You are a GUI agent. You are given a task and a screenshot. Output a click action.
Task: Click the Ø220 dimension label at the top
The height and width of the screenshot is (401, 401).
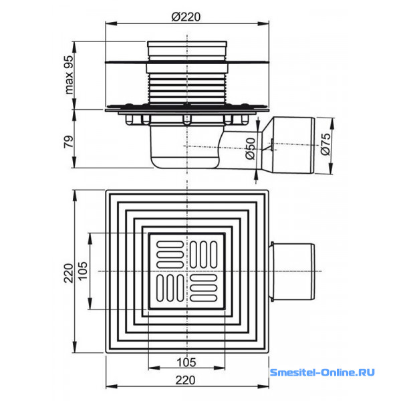coord(186,17)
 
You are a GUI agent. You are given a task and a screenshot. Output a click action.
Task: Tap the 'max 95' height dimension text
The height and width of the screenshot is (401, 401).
coord(69,75)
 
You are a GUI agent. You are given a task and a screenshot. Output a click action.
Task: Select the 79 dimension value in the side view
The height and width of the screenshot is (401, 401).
coord(69,142)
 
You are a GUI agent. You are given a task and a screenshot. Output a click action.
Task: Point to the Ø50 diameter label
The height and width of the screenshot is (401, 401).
coord(251,148)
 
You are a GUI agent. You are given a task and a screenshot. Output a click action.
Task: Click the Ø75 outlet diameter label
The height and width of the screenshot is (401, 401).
coord(325,144)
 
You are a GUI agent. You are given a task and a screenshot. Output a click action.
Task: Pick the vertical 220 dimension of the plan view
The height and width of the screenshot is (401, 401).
coord(69,273)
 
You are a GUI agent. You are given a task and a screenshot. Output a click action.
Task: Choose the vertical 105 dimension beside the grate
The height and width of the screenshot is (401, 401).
coord(83,271)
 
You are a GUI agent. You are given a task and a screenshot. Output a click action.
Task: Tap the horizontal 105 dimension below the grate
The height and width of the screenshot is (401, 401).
coord(186,362)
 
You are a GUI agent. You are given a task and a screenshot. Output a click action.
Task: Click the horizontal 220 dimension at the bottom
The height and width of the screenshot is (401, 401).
coord(186,380)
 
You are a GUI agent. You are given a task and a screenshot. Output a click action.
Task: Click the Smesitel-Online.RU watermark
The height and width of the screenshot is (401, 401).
coord(322,372)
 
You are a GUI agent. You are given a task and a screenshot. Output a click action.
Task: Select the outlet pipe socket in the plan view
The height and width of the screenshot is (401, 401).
coord(293,271)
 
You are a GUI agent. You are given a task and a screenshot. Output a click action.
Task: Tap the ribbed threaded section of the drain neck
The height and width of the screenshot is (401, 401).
coord(187,87)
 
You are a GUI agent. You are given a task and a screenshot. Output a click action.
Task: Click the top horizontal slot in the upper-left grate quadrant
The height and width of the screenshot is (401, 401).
coord(170,245)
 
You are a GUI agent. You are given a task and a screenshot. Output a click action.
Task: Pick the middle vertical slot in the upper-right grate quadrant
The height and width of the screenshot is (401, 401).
coord(204,255)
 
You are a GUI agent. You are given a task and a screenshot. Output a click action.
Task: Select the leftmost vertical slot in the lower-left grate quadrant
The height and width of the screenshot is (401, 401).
coord(160,288)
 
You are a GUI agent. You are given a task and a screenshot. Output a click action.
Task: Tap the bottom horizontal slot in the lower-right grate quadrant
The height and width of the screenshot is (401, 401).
coord(204,297)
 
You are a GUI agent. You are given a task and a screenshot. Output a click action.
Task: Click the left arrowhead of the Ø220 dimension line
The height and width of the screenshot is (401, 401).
coord(111,24)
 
